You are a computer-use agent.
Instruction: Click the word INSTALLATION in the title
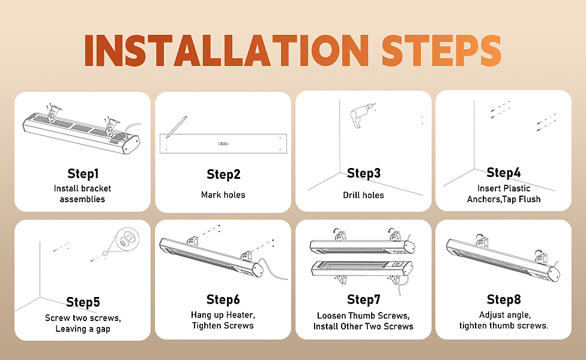[x=226, y=50]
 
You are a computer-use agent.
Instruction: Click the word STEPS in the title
[x=441, y=50]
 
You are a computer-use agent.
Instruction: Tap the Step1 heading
[x=83, y=173]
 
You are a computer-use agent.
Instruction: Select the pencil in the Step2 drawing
[x=177, y=127]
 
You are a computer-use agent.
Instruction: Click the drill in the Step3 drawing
[x=360, y=115]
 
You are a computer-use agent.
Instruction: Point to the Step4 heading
[x=503, y=173]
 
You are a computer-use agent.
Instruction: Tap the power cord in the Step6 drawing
[x=273, y=269]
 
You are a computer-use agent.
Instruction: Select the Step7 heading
[x=364, y=299]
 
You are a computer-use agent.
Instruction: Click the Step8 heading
[x=503, y=299]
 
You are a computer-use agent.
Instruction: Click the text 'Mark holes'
[x=223, y=195]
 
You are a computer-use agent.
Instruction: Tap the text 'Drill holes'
[x=364, y=195]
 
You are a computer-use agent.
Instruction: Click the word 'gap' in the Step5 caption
[x=103, y=329]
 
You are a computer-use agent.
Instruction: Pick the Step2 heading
[x=223, y=175]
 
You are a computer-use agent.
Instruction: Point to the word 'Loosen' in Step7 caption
[x=331, y=316]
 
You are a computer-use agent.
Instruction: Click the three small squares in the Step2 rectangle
[x=223, y=143]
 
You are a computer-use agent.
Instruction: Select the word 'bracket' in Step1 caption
[x=97, y=188]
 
